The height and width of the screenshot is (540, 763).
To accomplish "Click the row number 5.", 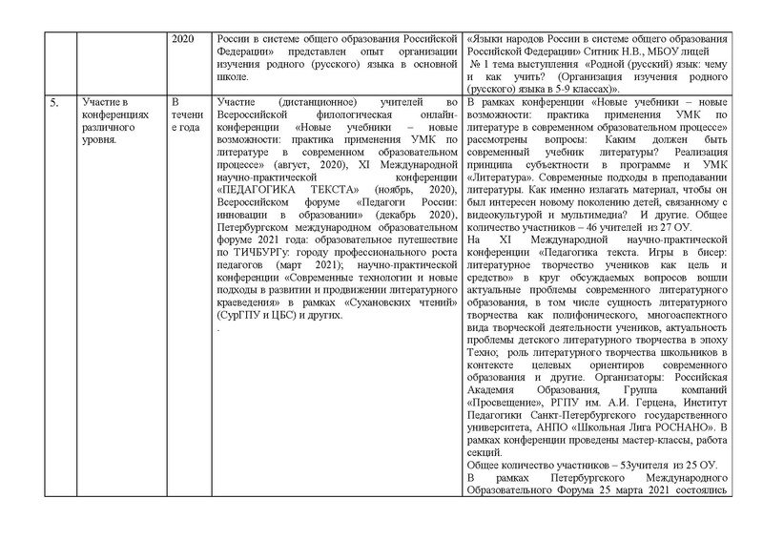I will click(x=53, y=102).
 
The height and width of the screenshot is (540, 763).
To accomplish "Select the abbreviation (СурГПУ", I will click(x=239, y=314).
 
